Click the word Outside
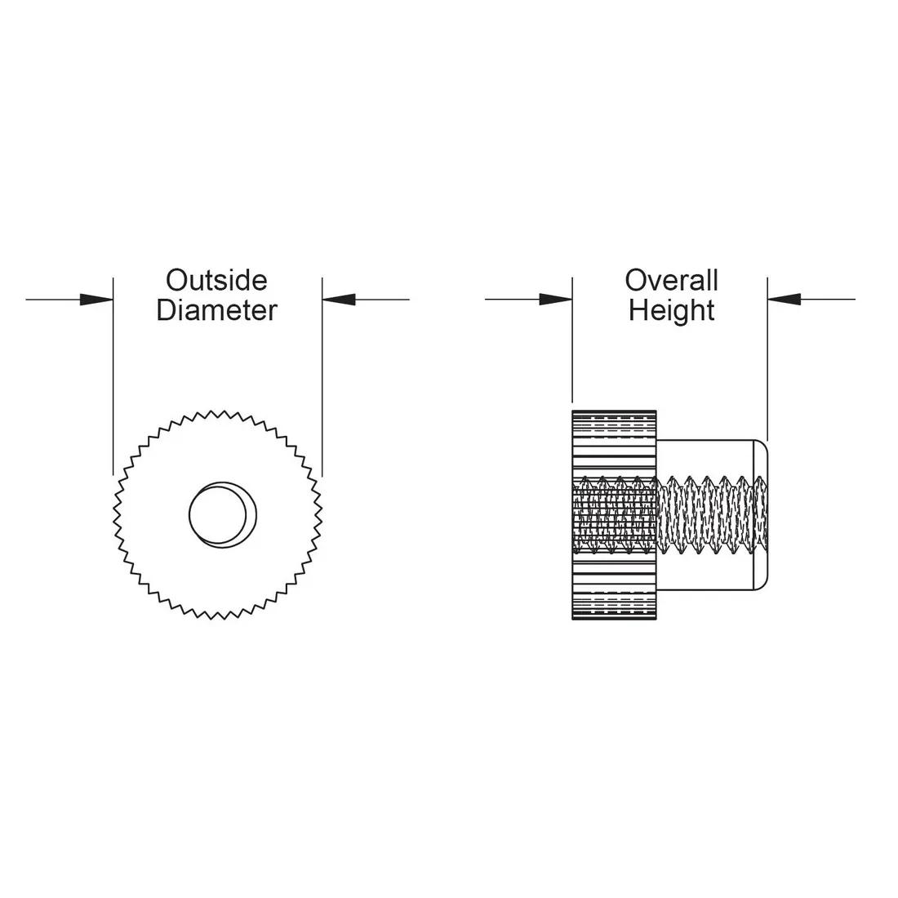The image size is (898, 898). [x=216, y=281]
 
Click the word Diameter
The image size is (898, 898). [x=216, y=310]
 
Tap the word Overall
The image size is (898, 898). [x=671, y=281]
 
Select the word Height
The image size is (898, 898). [x=671, y=311]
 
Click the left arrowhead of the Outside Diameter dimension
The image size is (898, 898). [x=97, y=299]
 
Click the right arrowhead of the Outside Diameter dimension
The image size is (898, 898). [x=339, y=299]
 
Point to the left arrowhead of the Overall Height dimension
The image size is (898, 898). [x=556, y=299]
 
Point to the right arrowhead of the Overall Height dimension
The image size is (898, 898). [x=784, y=299]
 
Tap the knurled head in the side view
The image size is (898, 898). [x=614, y=515]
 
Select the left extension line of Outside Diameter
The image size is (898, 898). [x=113, y=376]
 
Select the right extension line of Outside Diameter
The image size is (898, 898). [x=322, y=377]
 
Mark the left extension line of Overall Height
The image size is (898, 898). [x=572, y=340]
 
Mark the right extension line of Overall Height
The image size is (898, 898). [x=767, y=359]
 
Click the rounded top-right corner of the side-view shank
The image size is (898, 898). [x=762, y=445]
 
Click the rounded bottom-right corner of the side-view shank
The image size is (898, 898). [x=762, y=585]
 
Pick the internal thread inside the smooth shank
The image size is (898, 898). [x=712, y=515]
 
